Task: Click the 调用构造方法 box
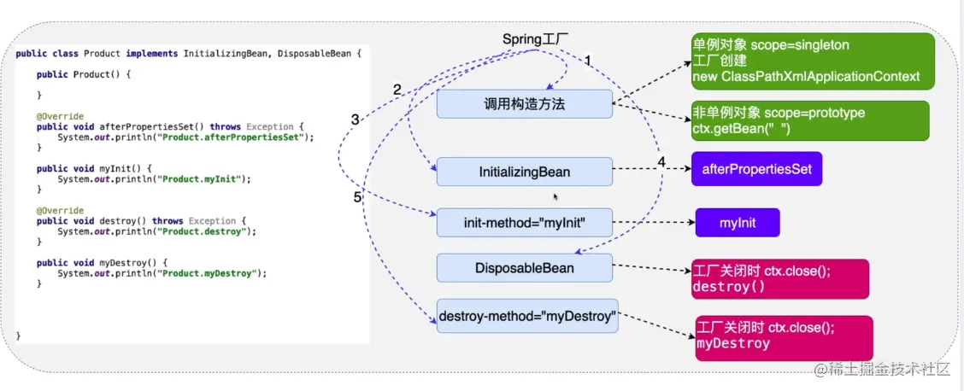(x=524, y=104)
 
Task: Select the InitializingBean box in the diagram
(x=524, y=172)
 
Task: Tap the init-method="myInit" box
(x=524, y=224)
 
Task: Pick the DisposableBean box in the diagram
(x=524, y=268)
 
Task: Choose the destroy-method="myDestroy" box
(x=527, y=317)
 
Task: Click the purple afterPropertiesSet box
(x=756, y=169)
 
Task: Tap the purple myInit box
(x=738, y=224)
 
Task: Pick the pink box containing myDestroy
(x=784, y=336)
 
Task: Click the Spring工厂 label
(x=536, y=39)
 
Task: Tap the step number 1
(x=587, y=60)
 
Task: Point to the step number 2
(x=397, y=89)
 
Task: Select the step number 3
(x=356, y=120)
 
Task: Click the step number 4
(x=661, y=162)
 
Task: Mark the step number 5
(x=359, y=197)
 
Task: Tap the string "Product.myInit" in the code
(x=205, y=178)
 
